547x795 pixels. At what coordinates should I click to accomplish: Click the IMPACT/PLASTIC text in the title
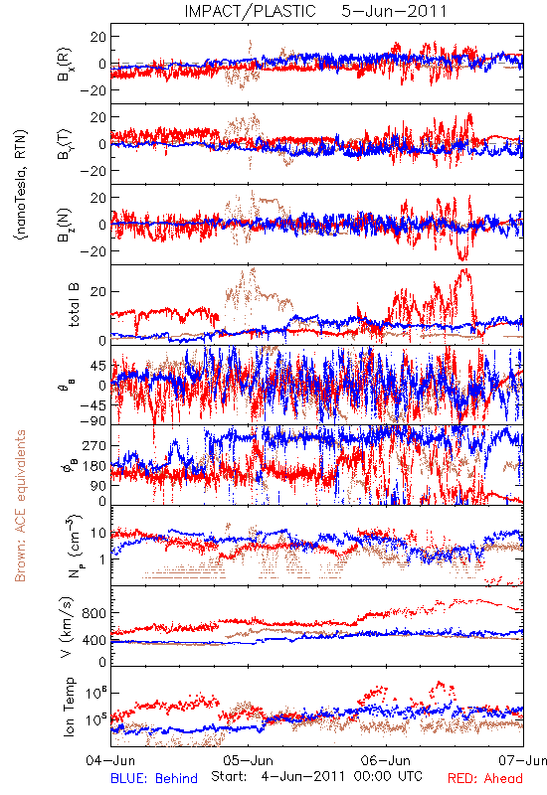pyautogui.click(x=250, y=11)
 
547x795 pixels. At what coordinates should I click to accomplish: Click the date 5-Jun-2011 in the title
pyautogui.click(x=394, y=11)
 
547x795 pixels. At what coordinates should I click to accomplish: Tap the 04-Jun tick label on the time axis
pyautogui.click(x=110, y=760)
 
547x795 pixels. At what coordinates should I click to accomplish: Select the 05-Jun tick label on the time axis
pyautogui.click(x=248, y=760)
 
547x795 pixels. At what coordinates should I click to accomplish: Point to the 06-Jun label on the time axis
pyautogui.click(x=386, y=760)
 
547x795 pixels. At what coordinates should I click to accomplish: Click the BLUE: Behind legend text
pyautogui.click(x=154, y=778)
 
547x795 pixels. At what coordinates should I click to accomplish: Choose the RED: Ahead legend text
pyautogui.click(x=484, y=778)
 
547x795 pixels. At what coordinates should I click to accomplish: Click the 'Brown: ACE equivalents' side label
pyautogui.click(x=20, y=506)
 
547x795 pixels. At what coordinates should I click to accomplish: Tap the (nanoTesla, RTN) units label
pyautogui.click(x=21, y=185)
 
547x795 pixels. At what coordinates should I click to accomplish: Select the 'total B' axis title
pyautogui.click(x=74, y=305)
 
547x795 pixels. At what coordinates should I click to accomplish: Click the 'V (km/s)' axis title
pyautogui.click(x=67, y=627)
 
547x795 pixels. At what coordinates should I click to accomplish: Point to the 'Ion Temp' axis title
pyautogui.click(x=69, y=707)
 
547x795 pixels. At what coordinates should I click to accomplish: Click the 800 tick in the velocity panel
pyautogui.click(x=94, y=613)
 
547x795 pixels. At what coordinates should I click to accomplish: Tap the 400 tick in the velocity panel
pyautogui.click(x=94, y=640)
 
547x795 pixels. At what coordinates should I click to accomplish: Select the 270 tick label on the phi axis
pyautogui.click(x=94, y=445)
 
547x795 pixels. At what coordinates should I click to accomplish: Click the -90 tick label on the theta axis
pyautogui.click(x=92, y=421)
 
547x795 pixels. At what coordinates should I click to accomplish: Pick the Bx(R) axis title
pyautogui.click(x=65, y=65)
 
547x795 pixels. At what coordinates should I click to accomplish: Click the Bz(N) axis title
pyautogui.click(x=65, y=226)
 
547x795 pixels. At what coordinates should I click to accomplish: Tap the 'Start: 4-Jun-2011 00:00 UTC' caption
pyautogui.click(x=316, y=776)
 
